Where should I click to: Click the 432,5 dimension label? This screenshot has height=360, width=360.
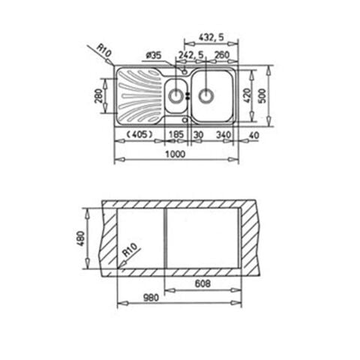(x=211, y=37)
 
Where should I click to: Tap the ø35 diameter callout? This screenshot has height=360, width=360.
(x=153, y=55)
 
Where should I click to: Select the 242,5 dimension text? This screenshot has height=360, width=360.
(x=191, y=55)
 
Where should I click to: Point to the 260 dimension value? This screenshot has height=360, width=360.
(x=222, y=55)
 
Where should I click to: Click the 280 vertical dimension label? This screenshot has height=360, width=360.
(x=98, y=96)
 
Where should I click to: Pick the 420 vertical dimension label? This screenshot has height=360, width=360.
(x=246, y=95)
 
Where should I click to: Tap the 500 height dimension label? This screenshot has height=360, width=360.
(x=262, y=95)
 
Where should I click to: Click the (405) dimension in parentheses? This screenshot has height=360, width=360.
(x=139, y=135)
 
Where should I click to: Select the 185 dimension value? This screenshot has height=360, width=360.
(x=176, y=135)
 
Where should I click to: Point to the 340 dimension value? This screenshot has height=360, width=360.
(x=223, y=135)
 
